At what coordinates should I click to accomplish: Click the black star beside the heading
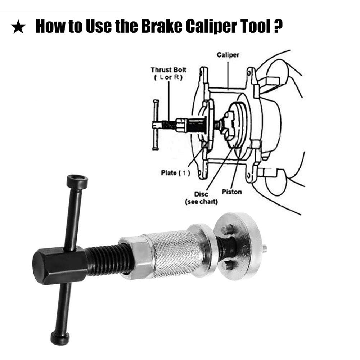point(18,27)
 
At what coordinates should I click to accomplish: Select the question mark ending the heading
point(278,26)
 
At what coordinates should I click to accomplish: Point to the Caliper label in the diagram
point(228,55)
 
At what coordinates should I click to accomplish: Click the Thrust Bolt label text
point(168,69)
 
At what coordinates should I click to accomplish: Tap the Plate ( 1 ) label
point(175,173)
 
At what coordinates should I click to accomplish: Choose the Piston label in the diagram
point(231,192)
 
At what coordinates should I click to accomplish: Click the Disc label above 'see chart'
point(201,194)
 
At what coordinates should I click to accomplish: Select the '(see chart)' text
point(201,202)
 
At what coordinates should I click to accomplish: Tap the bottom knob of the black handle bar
point(60,338)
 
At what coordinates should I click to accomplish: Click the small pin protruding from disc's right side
point(265,248)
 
